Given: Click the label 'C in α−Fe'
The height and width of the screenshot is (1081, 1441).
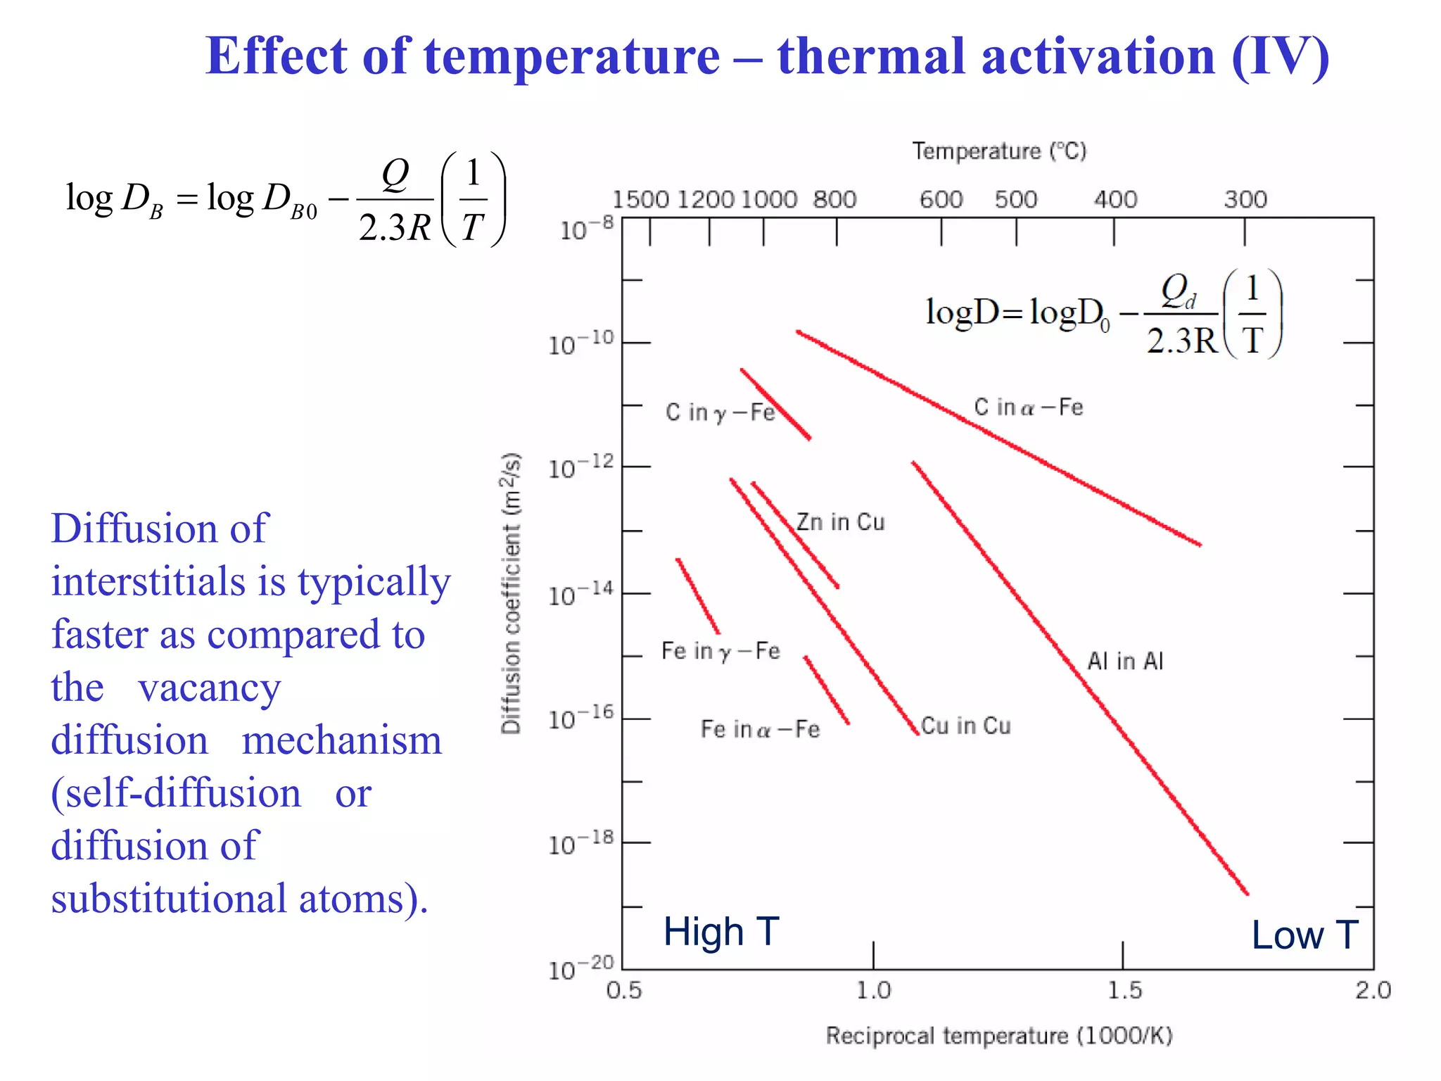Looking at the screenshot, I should click(1028, 407).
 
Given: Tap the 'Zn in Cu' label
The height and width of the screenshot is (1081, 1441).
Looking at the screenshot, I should click(840, 522).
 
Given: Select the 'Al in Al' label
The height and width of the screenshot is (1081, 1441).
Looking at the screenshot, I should click(1124, 661).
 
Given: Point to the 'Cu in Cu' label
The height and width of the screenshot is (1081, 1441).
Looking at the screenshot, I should click(965, 726).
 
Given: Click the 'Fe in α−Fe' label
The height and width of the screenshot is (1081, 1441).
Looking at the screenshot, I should click(760, 729).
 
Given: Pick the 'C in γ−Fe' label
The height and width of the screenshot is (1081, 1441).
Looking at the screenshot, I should click(720, 412).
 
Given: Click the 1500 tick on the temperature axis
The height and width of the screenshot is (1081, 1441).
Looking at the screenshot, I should click(640, 200).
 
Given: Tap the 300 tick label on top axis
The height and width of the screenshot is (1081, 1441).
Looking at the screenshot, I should click(1245, 200).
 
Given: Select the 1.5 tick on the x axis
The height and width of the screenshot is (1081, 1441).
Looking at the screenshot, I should click(1124, 990).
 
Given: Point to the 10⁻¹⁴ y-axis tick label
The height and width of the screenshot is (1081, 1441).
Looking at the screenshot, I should click(580, 595).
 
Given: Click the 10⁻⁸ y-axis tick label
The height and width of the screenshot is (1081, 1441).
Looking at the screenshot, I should click(586, 229).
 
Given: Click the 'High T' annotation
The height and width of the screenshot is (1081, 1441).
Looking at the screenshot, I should click(721, 932).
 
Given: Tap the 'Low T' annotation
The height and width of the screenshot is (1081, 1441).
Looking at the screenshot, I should click(1304, 935).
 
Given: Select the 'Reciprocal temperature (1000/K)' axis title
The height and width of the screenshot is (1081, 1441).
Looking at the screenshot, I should click(999, 1036).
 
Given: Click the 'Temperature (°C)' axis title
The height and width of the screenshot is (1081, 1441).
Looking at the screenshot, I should click(999, 151).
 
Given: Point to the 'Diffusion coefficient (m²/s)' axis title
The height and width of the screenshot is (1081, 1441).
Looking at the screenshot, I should click(512, 593).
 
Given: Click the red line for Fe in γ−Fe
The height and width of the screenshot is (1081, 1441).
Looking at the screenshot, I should click(697, 595).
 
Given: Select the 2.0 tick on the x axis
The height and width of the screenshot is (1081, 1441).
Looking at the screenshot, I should click(1373, 990).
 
